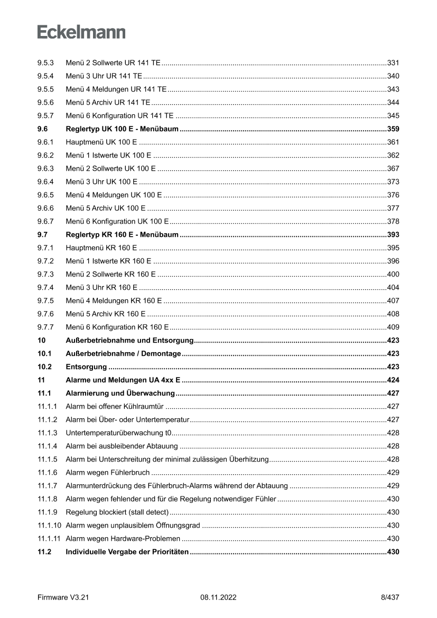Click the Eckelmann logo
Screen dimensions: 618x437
coord(81,32)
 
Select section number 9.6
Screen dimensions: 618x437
coord(42,129)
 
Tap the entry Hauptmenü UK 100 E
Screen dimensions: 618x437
coord(101,142)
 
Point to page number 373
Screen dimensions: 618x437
coord(393,182)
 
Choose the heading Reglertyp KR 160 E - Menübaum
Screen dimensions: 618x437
coord(122,235)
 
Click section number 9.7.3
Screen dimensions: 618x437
coord(45,274)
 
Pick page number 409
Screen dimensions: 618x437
coord(393,327)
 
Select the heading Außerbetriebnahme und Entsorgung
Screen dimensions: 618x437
coord(131,340)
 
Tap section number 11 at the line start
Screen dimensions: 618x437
coord(41,380)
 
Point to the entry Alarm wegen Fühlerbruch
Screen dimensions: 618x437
coord(107,473)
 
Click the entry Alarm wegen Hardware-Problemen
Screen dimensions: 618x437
coord(123,539)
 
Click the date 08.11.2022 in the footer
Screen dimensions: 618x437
coord(218,597)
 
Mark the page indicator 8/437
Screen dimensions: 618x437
coord(390,597)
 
